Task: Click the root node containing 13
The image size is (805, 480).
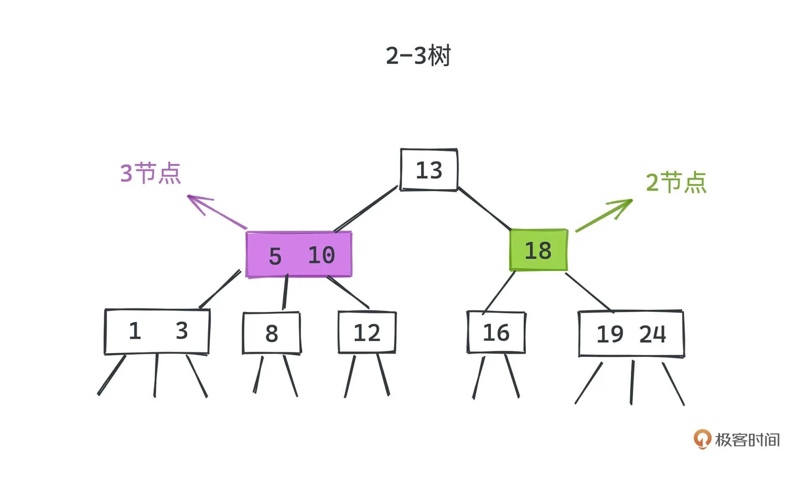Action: [428, 170]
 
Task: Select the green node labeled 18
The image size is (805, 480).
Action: [538, 250]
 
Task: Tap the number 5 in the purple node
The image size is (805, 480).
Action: [275, 256]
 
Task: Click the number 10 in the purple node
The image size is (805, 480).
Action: [322, 255]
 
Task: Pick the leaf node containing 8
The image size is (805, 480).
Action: [272, 333]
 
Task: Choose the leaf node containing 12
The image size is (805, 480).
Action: [367, 332]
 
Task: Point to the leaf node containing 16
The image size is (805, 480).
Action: [496, 332]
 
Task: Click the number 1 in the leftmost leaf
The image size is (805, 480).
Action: [135, 331]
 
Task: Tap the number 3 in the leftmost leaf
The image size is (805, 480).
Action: [182, 331]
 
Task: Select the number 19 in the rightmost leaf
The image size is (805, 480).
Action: [610, 334]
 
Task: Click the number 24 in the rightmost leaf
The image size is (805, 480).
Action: [652, 334]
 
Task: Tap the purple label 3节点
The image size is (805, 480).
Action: [150, 173]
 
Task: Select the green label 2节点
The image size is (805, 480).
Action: [676, 182]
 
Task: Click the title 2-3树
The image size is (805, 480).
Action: [418, 55]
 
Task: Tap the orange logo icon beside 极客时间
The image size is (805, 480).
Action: [702, 439]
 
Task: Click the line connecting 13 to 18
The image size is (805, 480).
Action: [485, 209]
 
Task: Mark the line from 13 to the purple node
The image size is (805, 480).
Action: [366, 208]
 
